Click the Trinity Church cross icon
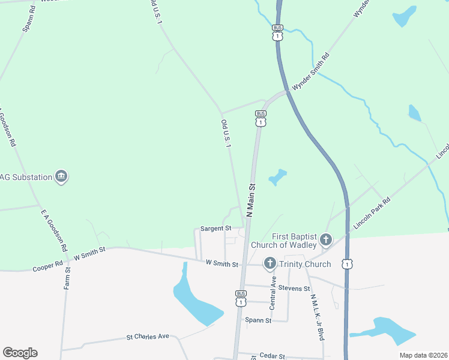(x=270, y=263)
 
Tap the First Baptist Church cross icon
(x=325, y=241)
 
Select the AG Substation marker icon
(x=61, y=176)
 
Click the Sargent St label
(x=215, y=229)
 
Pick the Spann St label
(x=259, y=320)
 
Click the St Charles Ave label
(x=147, y=337)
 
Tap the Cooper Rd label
(x=48, y=265)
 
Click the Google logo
(x=20, y=353)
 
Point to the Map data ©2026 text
(x=423, y=355)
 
